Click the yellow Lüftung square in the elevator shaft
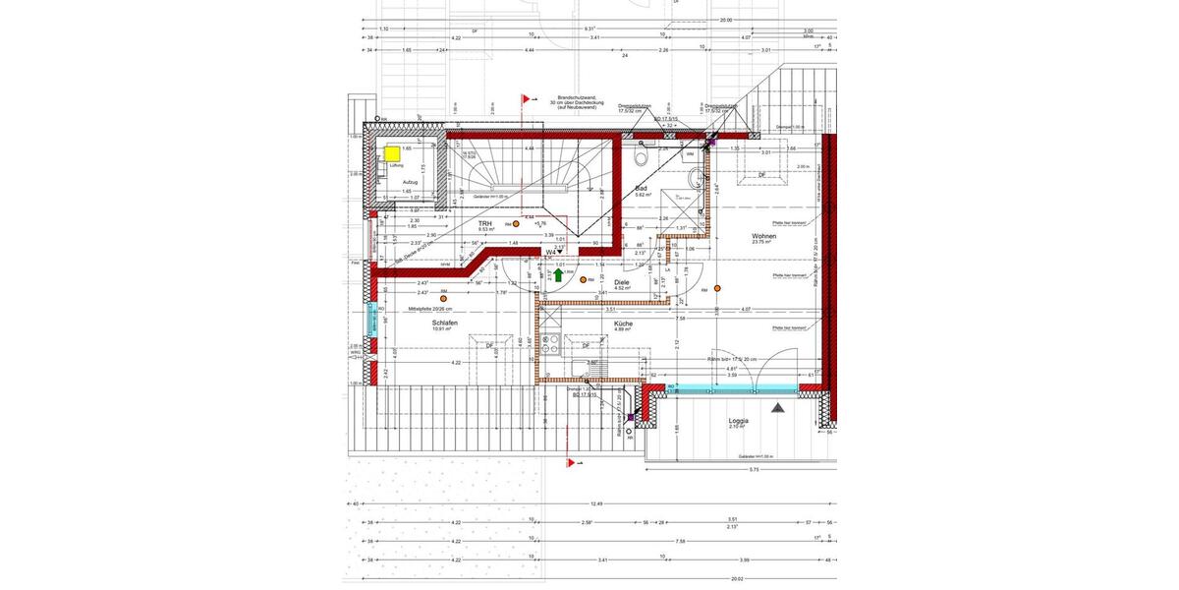(392, 153)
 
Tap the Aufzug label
(410, 182)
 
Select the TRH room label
(484, 224)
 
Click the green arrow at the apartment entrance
(558, 276)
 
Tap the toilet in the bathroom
(641, 157)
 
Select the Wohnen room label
(764, 236)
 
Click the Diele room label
(621, 282)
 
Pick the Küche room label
(622, 324)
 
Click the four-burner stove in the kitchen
(551, 343)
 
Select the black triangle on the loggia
(778, 406)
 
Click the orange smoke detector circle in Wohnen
(718, 287)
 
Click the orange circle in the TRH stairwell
(516, 224)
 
